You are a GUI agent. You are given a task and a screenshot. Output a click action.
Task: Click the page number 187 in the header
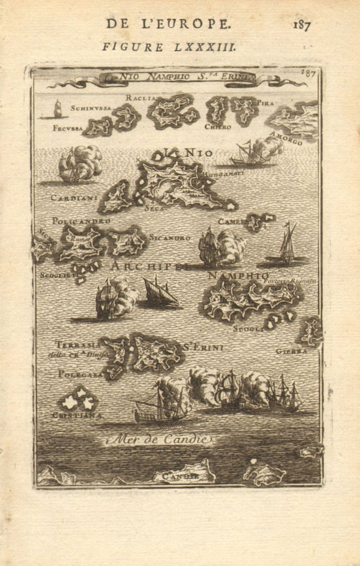coord(302,25)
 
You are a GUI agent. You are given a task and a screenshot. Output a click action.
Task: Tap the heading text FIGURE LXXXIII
coord(169,47)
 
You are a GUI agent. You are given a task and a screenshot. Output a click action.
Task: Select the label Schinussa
coord(91,108)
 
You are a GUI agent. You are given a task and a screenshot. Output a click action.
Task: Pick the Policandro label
coord(81,221)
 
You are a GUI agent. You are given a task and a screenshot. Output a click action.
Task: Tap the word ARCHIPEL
coord(149,266)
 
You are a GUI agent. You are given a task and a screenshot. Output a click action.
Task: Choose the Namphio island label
coord(238,275)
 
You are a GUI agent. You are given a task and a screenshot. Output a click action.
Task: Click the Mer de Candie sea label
coord(159,440)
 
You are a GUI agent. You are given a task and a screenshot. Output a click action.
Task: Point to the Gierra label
coord(291,351)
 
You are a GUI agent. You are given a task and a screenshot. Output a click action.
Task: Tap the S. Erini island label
coord(203,348)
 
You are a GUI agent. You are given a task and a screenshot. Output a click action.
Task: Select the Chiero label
coord(217,127)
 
